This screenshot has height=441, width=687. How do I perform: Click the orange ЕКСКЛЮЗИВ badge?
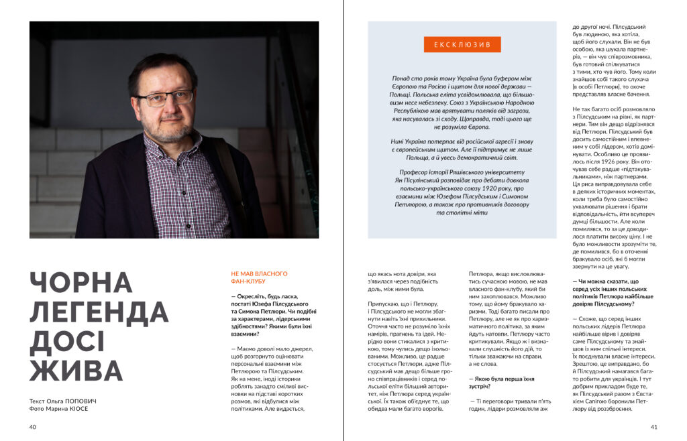[462, 45]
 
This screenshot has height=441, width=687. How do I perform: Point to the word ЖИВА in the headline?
[76, 371]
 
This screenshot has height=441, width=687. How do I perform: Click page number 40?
[33, 427]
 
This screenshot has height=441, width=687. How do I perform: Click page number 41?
[654, 427]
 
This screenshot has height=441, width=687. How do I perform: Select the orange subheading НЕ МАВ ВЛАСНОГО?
[259, 273]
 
